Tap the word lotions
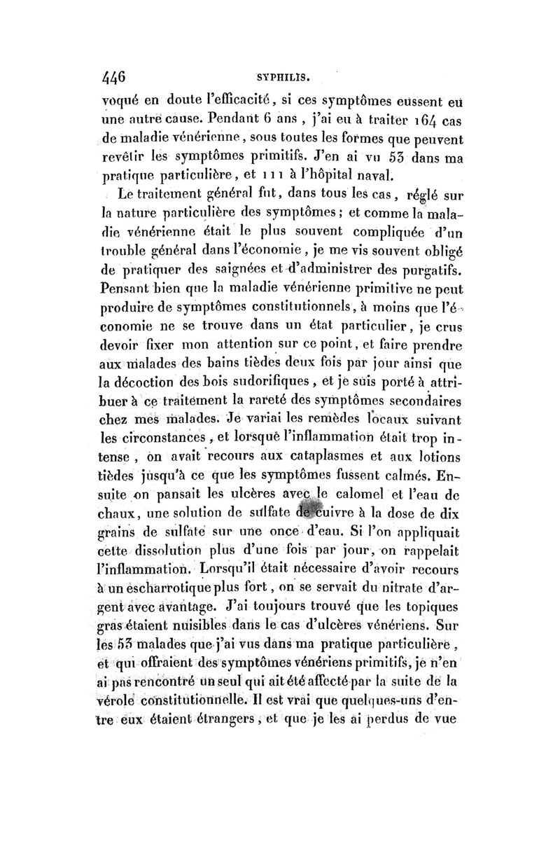(429, 458)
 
